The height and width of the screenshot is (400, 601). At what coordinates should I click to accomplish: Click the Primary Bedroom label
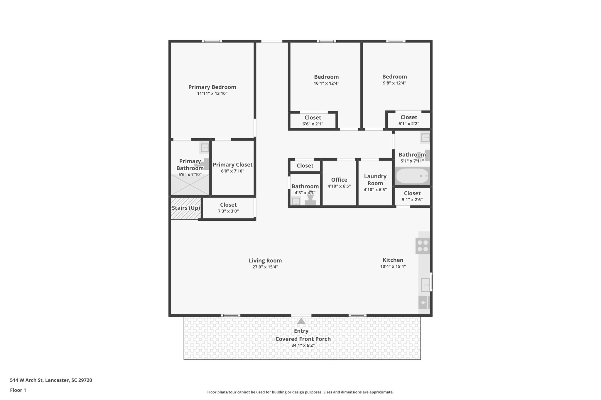(x=212, y=87)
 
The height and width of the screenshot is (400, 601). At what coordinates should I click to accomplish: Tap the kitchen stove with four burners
(x=423, y=246)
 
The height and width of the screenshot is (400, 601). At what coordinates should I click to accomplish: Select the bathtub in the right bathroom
(x=412, y=176)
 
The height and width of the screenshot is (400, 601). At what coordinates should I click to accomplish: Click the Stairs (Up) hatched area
(x=186, y=208)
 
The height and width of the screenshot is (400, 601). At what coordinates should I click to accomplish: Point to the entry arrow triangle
(x=301, y=321)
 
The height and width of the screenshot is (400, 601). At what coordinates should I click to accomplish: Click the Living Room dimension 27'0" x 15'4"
(x=265, y=267)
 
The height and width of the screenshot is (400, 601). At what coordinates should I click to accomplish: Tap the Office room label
(x=339, y=180)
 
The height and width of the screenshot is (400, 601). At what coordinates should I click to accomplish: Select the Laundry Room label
(x=375, y=180)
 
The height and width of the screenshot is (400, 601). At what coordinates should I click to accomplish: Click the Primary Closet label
(x=232, y=165)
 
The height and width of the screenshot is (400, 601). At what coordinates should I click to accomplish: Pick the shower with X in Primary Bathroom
(x=190, y=185)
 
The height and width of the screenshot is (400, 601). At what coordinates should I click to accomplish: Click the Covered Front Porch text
(x=303, y=339)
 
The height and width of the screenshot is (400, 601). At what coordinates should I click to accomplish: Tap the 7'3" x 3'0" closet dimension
(x=228, y=211)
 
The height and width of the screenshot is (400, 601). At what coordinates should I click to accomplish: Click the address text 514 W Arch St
(x=51, y=380)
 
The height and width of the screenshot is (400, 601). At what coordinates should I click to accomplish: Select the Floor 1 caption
(x=18, y=390)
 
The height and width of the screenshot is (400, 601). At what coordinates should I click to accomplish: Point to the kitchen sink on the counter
(x=425, y=285)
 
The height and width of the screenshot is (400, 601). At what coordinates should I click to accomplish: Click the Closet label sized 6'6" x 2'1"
(x=313, y=118)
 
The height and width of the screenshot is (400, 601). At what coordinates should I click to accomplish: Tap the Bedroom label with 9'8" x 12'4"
(x=394, y=76)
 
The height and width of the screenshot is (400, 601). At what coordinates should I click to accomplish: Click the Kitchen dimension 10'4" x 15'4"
(x=393, y=266)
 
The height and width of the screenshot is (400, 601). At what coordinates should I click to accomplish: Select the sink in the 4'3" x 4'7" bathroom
(x=296, y=201)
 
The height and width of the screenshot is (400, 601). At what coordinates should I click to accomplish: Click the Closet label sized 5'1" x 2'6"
(x=412, y=193)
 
